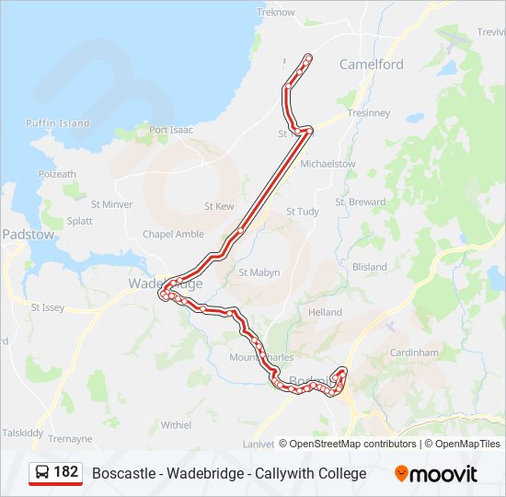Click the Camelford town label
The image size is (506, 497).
371,64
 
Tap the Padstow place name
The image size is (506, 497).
28,235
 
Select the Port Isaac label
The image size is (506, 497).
171,130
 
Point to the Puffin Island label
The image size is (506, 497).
58,123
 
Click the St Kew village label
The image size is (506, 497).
219,206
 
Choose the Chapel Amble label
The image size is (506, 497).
173,234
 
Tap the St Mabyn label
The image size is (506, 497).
259,272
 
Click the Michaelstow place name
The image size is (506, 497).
328,163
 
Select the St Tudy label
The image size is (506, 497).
303,211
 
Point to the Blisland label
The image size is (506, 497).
370,267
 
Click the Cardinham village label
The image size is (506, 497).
415,353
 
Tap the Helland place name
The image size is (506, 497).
325,313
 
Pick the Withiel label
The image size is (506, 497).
176,425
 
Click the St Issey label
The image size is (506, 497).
48,307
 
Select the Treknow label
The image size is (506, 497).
275,13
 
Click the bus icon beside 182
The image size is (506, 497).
42,473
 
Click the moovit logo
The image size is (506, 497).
436,474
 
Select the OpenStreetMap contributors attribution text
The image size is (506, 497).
352,444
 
